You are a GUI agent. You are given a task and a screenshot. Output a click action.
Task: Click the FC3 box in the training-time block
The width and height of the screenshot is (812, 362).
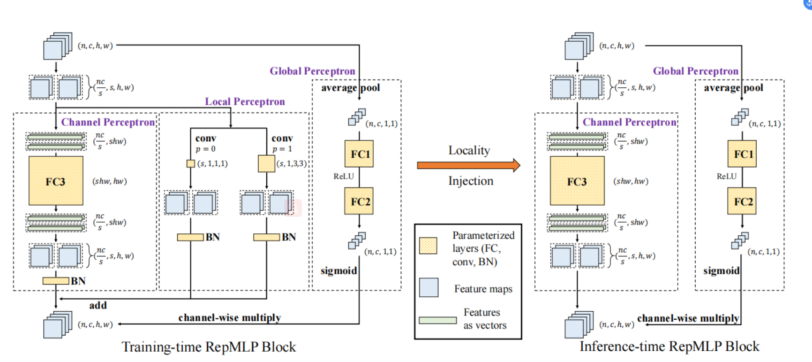(56, 181)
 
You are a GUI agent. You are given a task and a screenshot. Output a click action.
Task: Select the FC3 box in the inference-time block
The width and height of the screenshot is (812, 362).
(577, 181)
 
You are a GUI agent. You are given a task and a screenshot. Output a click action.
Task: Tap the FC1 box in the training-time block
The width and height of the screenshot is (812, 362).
(359, 154)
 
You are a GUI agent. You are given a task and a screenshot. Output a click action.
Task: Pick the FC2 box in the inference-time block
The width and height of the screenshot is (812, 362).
(742, 201)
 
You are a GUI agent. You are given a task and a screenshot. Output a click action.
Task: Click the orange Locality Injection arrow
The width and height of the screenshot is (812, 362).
(468, 165)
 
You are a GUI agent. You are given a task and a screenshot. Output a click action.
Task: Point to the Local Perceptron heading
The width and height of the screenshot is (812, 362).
(245, 101)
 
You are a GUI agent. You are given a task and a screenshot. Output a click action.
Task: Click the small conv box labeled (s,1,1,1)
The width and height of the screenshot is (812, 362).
(190, 163)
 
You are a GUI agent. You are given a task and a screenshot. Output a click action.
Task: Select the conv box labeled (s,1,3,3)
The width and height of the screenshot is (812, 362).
(266, 163)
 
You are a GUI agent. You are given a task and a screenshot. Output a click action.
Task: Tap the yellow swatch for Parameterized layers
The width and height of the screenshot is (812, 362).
(428, 245)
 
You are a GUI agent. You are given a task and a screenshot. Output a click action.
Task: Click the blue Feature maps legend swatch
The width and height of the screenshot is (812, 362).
(429, 287)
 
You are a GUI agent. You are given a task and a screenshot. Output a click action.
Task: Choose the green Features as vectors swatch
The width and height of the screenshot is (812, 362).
(437, 320)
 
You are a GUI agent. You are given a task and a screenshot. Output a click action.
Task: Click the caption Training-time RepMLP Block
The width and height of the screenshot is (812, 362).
(209, 347)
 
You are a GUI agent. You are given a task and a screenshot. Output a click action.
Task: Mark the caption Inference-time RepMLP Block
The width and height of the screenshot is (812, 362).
(669, 347)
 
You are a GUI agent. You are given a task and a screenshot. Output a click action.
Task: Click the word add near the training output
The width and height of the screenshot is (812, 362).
(98, 305)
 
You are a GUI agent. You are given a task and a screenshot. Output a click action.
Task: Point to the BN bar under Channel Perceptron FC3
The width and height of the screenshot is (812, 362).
(56, 281)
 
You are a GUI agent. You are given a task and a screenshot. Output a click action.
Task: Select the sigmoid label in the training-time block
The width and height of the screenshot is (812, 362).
(338, 271)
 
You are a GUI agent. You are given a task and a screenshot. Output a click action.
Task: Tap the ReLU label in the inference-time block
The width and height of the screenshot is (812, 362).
(726, 177)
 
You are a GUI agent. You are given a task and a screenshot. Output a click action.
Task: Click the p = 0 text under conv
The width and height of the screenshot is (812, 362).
(205, 149)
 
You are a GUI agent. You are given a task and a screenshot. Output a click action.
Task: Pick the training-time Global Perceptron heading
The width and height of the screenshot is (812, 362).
(312, 71)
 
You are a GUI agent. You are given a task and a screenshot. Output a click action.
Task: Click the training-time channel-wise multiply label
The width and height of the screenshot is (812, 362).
(229, 318)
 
